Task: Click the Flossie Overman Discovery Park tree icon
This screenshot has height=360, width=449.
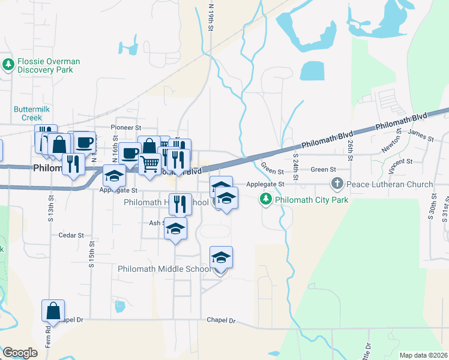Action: (x=8, y=64)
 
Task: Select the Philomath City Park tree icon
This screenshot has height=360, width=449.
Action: (x=265, y=198)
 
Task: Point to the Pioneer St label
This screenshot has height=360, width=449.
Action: (x=126, y=128)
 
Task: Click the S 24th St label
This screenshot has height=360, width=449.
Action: (x=296, y=167)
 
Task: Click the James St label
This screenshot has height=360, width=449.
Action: (x=422, y=138)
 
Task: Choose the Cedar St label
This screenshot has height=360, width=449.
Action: (x=71, y=235)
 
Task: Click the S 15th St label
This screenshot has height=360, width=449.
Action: (x=92, y=254)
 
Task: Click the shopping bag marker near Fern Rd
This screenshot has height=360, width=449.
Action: (x=53, y=311)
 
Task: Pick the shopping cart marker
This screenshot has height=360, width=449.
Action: (x=150, y=163)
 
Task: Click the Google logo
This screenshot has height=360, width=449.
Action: (x=20, y=353)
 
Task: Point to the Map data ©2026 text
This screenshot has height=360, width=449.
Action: (x=423, y=355)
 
